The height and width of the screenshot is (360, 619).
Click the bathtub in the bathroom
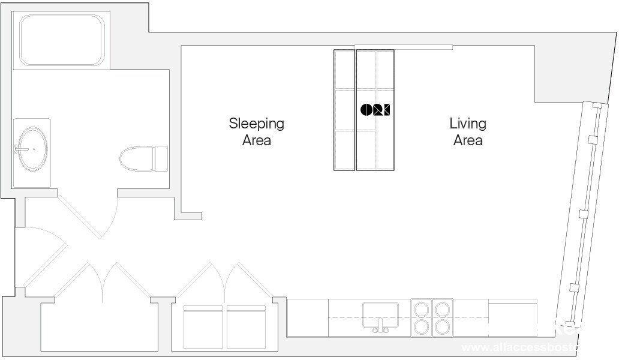point(62,40)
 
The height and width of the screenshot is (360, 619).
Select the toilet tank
point(161,158)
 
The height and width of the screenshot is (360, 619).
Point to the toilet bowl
point(136,158)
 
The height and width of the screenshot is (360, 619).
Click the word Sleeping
point(256,124)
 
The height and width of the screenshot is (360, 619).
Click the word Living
point(468,124)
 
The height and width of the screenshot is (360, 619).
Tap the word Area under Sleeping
point(256,140)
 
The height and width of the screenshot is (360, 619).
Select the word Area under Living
point(468,140)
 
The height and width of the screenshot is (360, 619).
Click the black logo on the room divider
point(375,110)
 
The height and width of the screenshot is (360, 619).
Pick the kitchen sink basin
point(380,314)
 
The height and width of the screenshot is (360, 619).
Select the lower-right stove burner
point(443,327)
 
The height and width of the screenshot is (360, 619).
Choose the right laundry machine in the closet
point(246,326)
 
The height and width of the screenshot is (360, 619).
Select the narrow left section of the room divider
point(344,110)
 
